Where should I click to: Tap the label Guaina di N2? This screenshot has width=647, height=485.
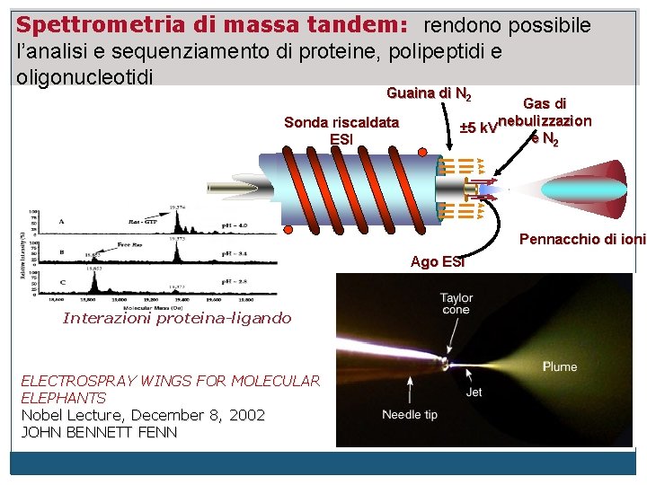tap(429, 93)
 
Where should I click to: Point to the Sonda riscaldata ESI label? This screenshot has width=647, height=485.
tap(341, 130)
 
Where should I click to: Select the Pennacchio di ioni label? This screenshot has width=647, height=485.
tap(582, 240)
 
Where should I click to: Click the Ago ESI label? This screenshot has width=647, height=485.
tap(438, 261)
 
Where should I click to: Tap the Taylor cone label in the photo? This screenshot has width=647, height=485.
tap(456, 304)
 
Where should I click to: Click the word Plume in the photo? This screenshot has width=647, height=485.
tap(560, 366)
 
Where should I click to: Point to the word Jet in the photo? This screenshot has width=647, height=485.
tap(474, 392)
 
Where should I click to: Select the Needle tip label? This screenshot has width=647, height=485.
tap(410, 414)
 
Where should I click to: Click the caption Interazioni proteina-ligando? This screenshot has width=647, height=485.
tap(177, 318)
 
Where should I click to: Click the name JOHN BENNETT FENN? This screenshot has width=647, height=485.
tap(99, 432)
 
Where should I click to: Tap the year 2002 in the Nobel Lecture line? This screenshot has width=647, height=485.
tap(247, 415)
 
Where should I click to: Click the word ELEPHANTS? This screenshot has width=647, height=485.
tap(64, 398)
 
